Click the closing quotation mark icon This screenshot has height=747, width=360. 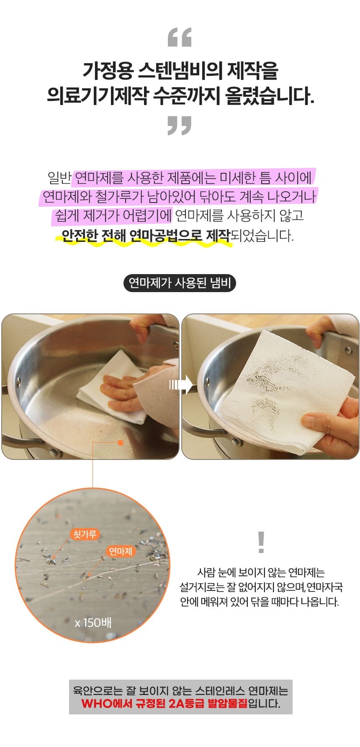click(x=180, y=126)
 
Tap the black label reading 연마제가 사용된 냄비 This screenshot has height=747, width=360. click(x=180, y=283)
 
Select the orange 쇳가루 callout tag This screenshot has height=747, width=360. click(x=85, y=534)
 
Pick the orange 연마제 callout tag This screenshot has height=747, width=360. click(x=120, y=551)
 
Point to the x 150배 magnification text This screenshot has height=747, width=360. click(x=93, y=623)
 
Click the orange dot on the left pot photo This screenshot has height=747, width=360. click(x=121, y=442)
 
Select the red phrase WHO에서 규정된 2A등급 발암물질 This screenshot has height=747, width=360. click(x=165, y=703)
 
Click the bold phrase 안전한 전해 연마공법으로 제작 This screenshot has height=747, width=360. click(x=146, y=236)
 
